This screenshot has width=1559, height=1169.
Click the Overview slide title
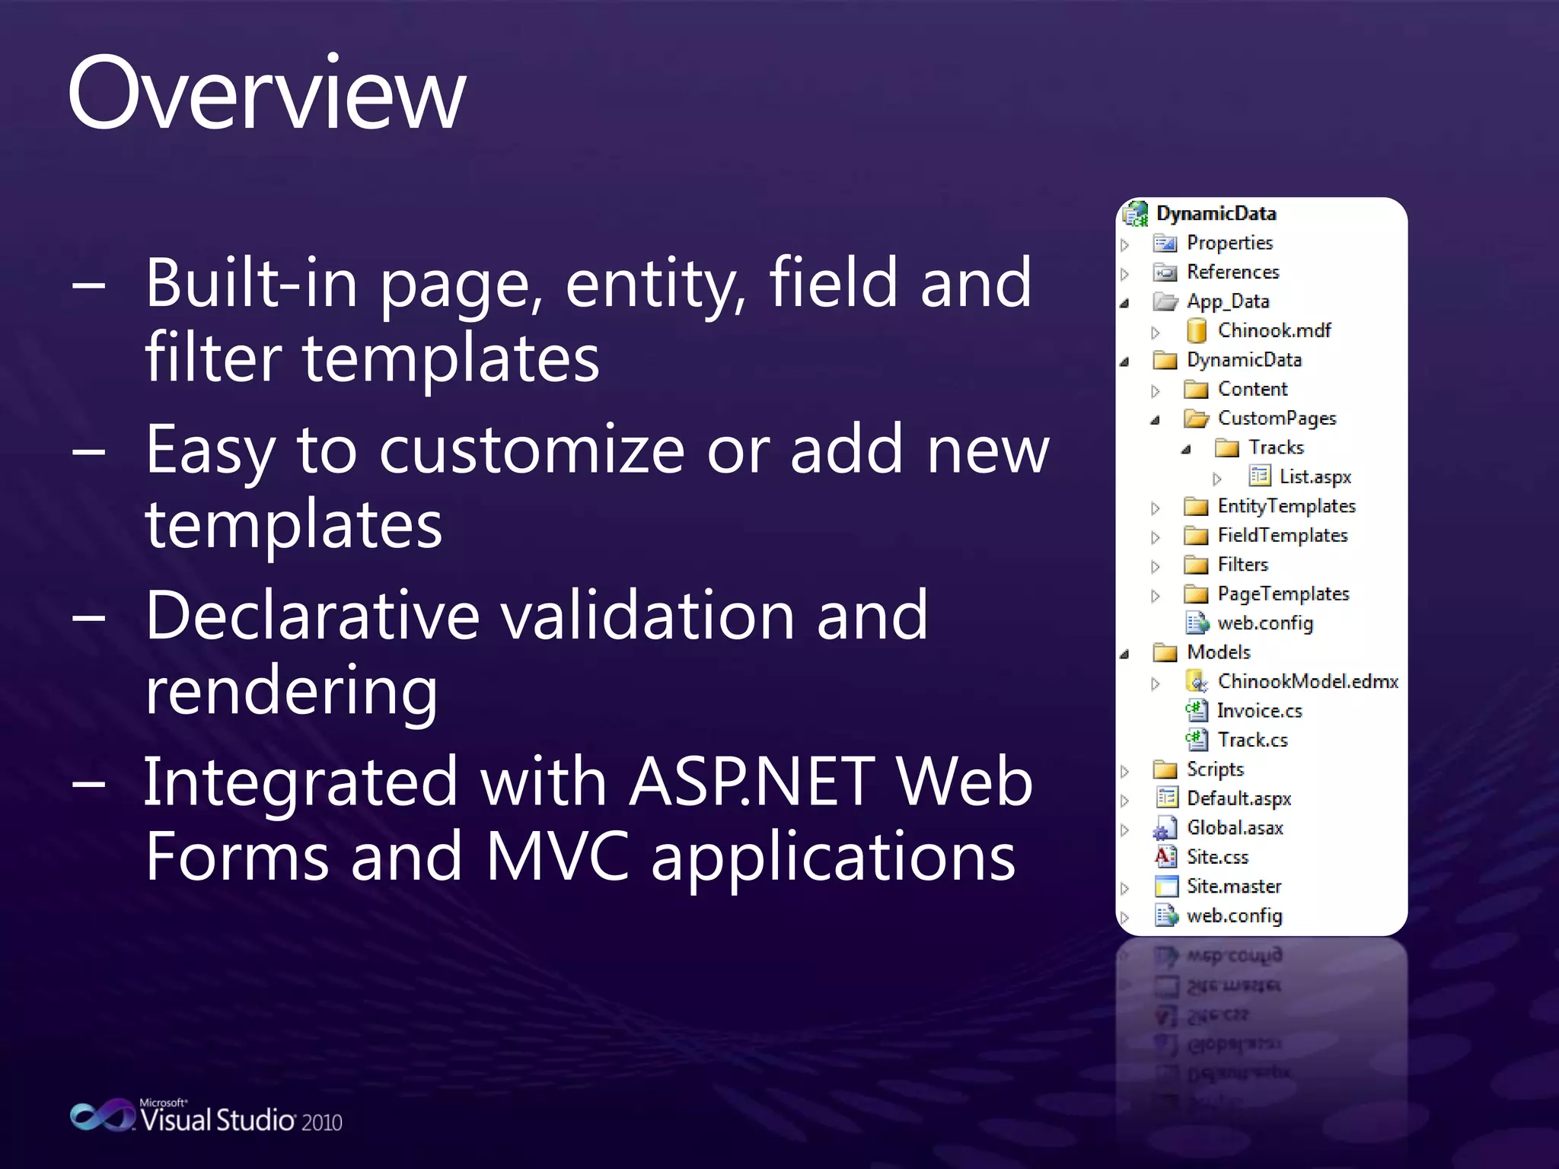coord(266,95)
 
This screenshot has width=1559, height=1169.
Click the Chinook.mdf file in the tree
coord(1273,330)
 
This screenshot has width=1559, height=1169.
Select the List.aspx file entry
coord(1314,477)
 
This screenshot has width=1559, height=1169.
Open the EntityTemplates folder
coord(1286,506)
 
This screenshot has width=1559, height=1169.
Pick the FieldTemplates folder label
coord(1282,536)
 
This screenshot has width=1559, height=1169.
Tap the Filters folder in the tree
coord(1242,565)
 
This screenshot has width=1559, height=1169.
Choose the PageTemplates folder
coord(1283,594)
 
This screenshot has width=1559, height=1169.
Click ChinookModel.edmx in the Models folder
coord(1307,681)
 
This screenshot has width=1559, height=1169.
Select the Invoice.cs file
coord(1259,711)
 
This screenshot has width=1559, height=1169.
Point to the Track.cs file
coord(1252,740)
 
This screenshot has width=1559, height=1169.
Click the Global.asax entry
coord(1234,828)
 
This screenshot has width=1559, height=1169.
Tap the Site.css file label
coord(1217,857)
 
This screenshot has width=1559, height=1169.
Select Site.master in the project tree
coord(1233,887)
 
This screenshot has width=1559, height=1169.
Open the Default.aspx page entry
coord(1239,798)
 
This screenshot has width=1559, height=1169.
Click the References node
coord(1232,272)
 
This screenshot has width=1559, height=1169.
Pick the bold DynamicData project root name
coord(1216,214)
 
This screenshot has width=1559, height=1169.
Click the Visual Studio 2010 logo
coord(206,1117)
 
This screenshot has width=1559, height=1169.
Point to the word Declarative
coord(312,616)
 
